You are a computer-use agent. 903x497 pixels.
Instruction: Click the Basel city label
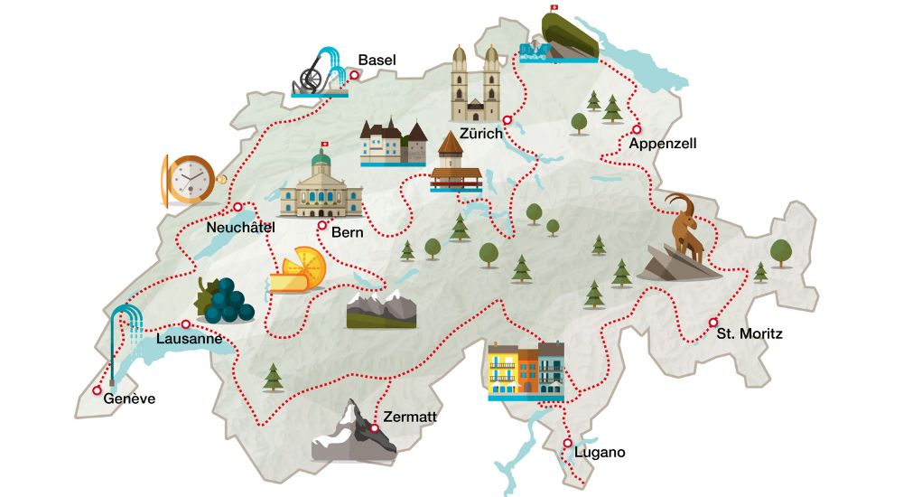(x=377, y=61)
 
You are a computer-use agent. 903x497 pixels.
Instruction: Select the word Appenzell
(x=663, y=144)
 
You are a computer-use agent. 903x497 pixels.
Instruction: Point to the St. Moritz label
(x=749, y=334)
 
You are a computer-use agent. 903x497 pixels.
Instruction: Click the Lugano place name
(x=600, y=453)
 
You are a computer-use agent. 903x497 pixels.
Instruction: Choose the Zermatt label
(x=410, y=417)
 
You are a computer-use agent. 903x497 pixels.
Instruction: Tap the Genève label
(x=129, y=399)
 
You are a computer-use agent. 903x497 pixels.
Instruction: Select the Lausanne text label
(x=189, y=340)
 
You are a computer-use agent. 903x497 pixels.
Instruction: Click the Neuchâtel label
(x=240, y=227)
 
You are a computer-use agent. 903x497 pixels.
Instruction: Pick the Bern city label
(x=348, y=232)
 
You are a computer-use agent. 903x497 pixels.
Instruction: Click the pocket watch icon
(x=189, y=180)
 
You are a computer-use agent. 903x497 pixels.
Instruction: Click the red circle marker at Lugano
(x=567, y=443)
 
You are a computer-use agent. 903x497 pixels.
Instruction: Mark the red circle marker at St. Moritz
(x=713, y=323)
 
